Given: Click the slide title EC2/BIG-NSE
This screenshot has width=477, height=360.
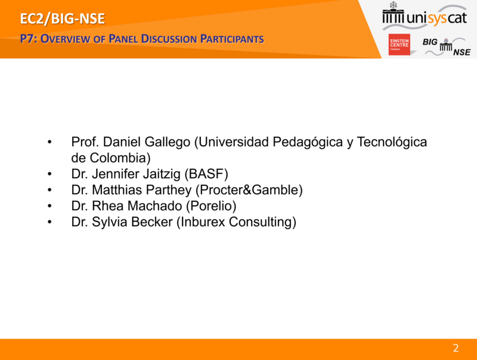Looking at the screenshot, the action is (x=63, y=18).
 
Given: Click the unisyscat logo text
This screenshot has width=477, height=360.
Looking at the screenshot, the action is (x=436, y=18).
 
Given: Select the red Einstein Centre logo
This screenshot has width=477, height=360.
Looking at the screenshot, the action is (x=399, y=44).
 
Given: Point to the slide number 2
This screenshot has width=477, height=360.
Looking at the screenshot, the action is (x=456, y=348).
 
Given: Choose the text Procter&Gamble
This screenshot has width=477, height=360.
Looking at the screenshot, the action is (x=249, y=190).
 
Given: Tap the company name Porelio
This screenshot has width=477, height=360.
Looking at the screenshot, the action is (x=211, y=206).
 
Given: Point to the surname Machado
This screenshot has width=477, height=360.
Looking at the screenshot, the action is (x=154, y=206).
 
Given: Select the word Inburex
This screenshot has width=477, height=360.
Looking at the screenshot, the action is (x=203, y=222).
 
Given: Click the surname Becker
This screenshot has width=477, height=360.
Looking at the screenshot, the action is (x=151, y=222).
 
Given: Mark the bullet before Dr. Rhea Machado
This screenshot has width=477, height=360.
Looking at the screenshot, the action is (x=49, y=206).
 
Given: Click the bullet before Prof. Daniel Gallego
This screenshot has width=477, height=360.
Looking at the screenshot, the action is (x=49, y=142).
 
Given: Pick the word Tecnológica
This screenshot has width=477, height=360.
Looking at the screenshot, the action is (x=392, y=142).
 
